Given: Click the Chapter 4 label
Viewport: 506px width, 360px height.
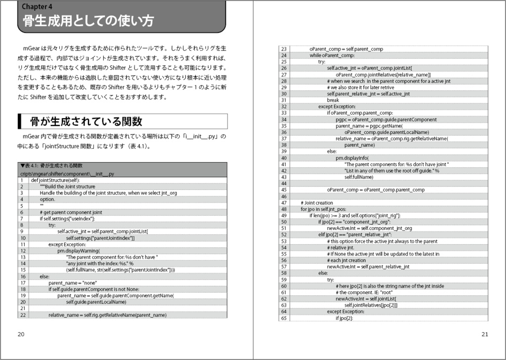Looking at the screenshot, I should coord(38,6).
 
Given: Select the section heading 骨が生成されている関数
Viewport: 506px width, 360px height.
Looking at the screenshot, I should coord(86,121).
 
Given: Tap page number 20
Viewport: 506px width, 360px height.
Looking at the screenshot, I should coord(21,334).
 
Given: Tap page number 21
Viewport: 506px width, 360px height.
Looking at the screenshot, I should coord(485,334).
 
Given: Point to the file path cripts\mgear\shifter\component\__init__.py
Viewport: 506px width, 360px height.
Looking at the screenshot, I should coord(67,174).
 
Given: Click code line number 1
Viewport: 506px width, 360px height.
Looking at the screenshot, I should coord(22,180).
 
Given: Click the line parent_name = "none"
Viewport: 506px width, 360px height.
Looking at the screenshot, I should coord(69,283).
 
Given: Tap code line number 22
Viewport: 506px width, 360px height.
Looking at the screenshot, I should coord(23,315).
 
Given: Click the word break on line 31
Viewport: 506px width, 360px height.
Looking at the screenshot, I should coord(333,100).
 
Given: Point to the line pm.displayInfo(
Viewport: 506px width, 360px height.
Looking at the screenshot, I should coord(352,158).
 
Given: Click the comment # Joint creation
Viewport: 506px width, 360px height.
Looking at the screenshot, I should coord(317,203).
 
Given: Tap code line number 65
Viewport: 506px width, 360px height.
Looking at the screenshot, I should coord(284,318).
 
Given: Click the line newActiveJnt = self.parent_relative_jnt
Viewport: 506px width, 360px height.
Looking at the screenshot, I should coord(368,267).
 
